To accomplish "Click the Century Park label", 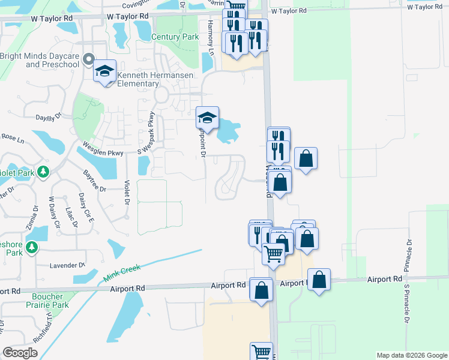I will tap(175, 37).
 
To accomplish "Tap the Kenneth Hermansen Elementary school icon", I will tap(104, 71).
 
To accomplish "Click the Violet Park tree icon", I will tap(43, 173).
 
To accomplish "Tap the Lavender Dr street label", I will tap(68, 265).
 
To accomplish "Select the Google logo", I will tap(20, 353).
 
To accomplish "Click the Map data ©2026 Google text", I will tap(411, 355).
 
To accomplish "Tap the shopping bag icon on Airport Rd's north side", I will tap(319, 278).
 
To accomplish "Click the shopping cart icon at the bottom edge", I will tap(261, 352).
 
